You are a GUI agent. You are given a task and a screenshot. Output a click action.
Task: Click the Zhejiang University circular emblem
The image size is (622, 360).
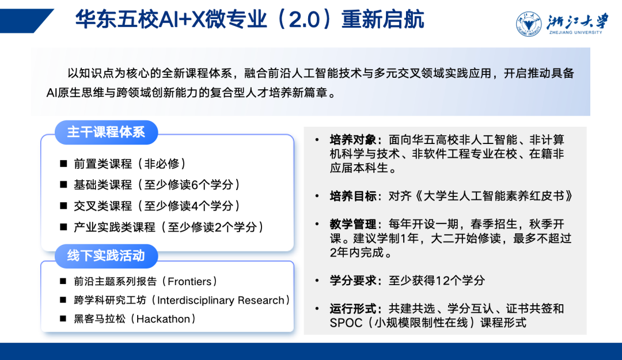[x=529, y=24]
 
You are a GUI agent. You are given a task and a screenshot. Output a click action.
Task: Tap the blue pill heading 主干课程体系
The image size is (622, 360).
[x=107, y=132]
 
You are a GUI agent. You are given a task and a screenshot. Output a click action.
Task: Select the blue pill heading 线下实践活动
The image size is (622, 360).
[x=107, y=256]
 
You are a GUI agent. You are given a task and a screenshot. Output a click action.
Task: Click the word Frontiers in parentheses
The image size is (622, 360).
[x=189, y=282]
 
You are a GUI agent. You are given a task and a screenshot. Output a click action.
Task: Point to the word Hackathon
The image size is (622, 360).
[x=163, y=319]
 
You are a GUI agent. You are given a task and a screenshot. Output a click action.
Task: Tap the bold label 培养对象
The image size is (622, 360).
[x=352, y=140]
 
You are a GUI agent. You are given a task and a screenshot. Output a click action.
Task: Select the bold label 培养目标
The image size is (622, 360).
[x=352, y=196]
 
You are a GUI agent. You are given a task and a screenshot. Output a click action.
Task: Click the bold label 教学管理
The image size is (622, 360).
[x=352, y=224]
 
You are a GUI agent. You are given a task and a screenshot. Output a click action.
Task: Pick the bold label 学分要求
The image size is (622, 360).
[x=352, y=281]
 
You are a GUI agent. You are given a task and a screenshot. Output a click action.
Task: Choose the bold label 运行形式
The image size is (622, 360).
[x=352, y=308]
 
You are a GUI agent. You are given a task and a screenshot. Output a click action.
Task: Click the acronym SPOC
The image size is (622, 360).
[x=346, y=323]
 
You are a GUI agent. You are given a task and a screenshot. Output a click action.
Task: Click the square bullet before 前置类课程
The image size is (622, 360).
[x=63, y=164]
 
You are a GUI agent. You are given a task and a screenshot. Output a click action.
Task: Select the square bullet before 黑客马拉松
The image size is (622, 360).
[x=63, y=319]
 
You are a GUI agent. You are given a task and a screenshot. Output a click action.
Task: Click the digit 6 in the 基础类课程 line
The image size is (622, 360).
[x=195, y=185]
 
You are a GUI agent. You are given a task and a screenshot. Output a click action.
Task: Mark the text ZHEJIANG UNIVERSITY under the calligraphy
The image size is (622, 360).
[x=575, y=33]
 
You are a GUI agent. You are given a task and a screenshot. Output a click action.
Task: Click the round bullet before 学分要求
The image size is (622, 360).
[x=317, y=281]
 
